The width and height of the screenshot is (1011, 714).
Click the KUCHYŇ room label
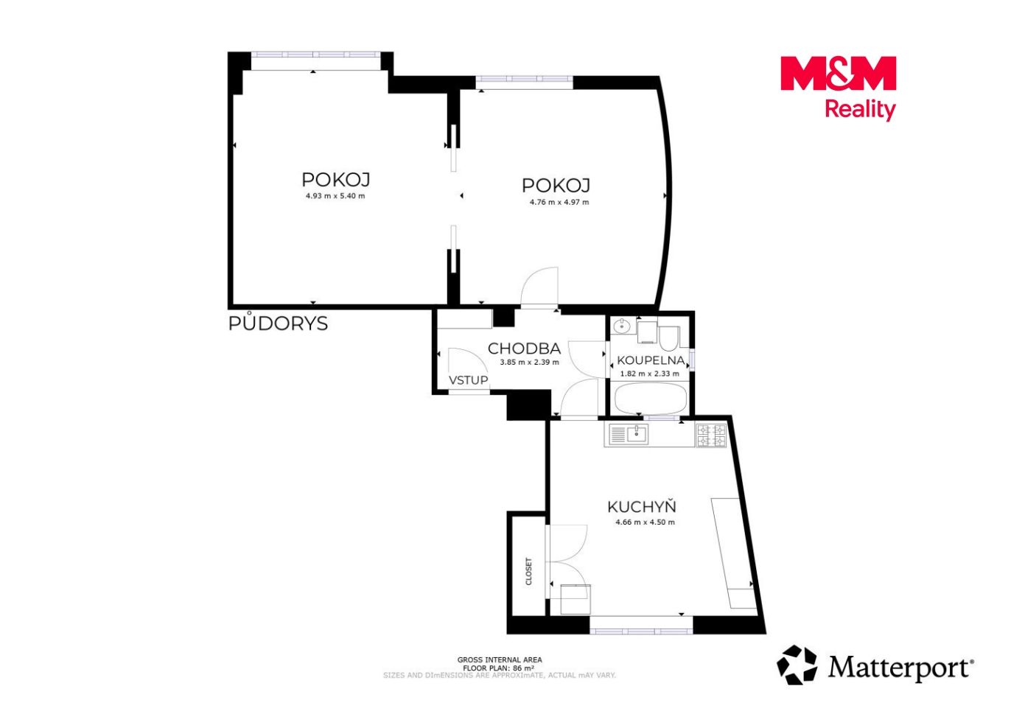pyautogui.click(x=641, y=507)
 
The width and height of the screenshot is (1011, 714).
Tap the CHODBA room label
pyautogui.click(x=524, y=349)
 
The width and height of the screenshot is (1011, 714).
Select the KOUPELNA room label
pyautogui.click(x=651, y=360)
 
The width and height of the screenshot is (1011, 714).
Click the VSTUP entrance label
pyautogui.click(x=469, y=380)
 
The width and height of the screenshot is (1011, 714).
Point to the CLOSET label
pyautogui.click(x=529, y=572)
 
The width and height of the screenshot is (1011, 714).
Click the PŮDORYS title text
pyautogui.click(x=278, y=323)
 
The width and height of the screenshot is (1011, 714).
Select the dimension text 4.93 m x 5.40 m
pyautogui.click(x=335, y=196)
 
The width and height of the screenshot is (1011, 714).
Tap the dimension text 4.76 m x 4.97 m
pyautogui.click(x=559, y=202)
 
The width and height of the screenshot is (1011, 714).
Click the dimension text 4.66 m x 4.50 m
pyautogui.click(x=645, y=522)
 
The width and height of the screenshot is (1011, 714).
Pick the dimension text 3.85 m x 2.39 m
pyautogui.click(x=529, y=363)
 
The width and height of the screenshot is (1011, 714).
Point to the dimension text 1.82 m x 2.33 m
pyautogui.click(x=649, y=374)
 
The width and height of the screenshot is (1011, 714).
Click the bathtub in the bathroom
pyautogui.click(x=651, y=399)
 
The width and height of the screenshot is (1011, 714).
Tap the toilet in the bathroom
pyautogui.click(x=668, y=337)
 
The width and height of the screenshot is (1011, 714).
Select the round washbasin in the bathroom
pyautogui.click(x=623, y=325)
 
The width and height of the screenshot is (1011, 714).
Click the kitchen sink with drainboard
pyautogui.click(x=629, y=435)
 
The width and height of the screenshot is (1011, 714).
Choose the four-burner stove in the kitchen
pyautogui.click(x=711, y=435)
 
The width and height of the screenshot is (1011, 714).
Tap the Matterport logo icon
pyautogui.click(x=797, y=665)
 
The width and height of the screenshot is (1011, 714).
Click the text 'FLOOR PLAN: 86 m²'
pyautogui.click(x=499, y=668)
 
